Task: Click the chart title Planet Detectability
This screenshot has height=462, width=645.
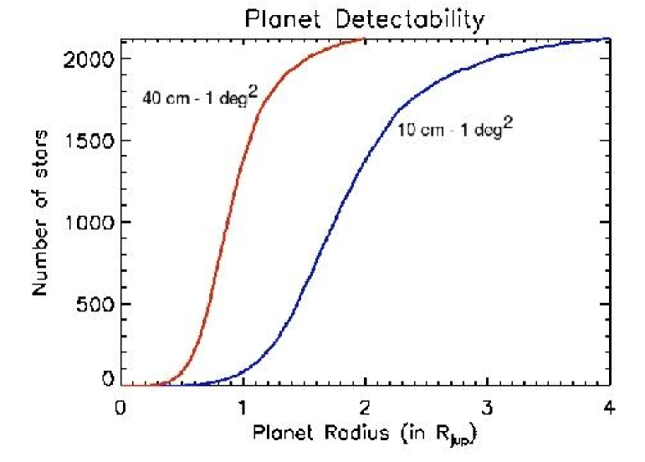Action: click(365, 18)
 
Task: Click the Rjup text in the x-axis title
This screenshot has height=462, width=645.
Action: click(458, 437)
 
